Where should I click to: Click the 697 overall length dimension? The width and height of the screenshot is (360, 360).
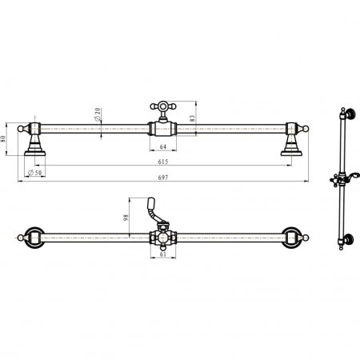[x=163, y=178]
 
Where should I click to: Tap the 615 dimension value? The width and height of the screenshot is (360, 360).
[x=163, y=162]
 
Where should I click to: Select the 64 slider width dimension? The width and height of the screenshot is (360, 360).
[x=163, y=146]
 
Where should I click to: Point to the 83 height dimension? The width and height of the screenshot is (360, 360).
[x=193, y=118]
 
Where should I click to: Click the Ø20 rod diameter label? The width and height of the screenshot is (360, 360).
[x=98, y=114]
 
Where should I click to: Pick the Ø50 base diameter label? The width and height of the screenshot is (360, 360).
[x=35, y=173]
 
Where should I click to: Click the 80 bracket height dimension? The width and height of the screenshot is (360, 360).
[x=3, y=139]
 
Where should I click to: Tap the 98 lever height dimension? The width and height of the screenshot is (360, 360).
[x=126, y=218]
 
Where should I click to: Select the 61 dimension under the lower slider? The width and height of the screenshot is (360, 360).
[x=163, y=254]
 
